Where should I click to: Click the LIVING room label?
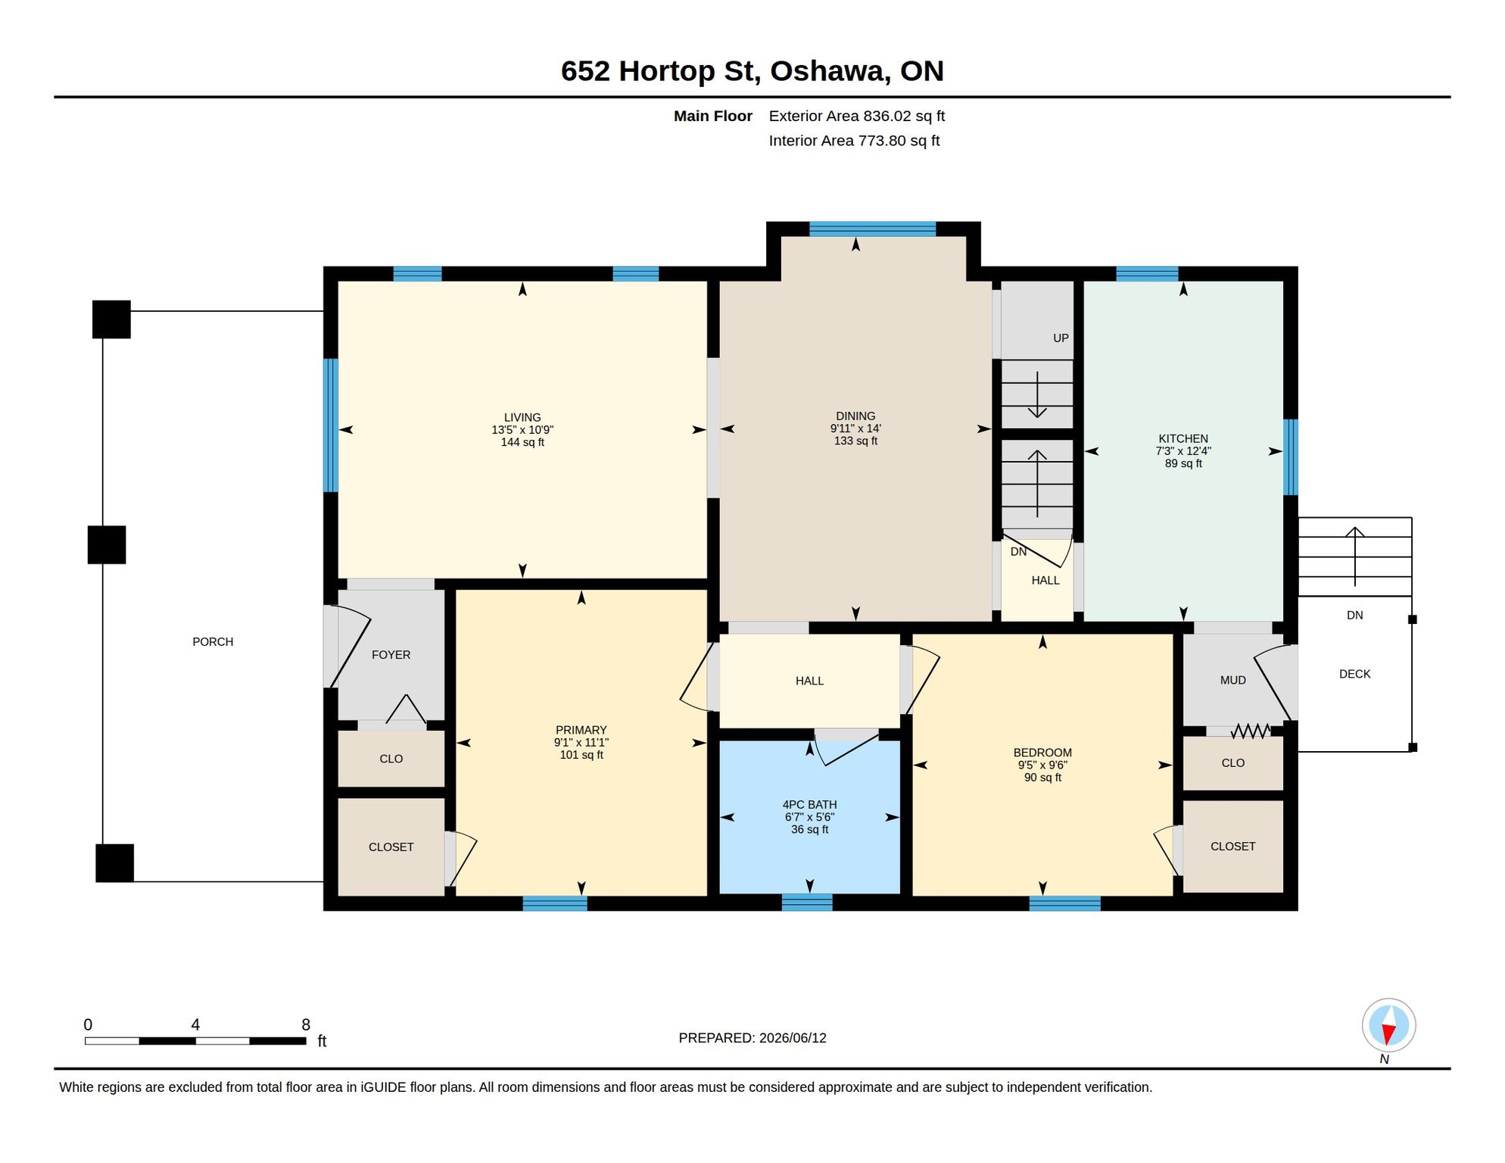pos(522,417)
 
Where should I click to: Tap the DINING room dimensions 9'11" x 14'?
pos(855,429)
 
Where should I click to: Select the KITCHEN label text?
pos(1183,438)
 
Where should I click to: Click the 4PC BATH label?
pos(809,805)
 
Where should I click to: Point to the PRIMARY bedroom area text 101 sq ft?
pos(581,755)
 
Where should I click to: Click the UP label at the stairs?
pos(1061,338)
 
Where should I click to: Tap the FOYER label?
pos(391,655)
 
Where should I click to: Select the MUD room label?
pos(1232,681)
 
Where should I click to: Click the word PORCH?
pos(213,642)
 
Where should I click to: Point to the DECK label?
pos(1354,674)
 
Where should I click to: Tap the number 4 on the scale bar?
pos(195,1024)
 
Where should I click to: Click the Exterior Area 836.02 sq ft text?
pos(856,116)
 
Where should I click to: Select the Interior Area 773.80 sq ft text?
pos(854,141)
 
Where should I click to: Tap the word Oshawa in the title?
pos(829,71)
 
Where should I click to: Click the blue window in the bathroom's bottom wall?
pos(807,903)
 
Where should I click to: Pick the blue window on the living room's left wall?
pos(331,426)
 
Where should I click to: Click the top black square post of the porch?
pos(111,320)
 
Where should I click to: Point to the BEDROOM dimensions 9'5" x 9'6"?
pos(1042,765)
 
